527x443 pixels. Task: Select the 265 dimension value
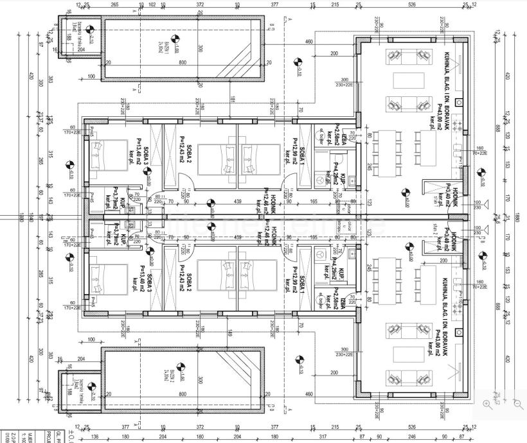114,5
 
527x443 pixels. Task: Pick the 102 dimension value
152,5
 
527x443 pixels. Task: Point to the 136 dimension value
95,437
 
